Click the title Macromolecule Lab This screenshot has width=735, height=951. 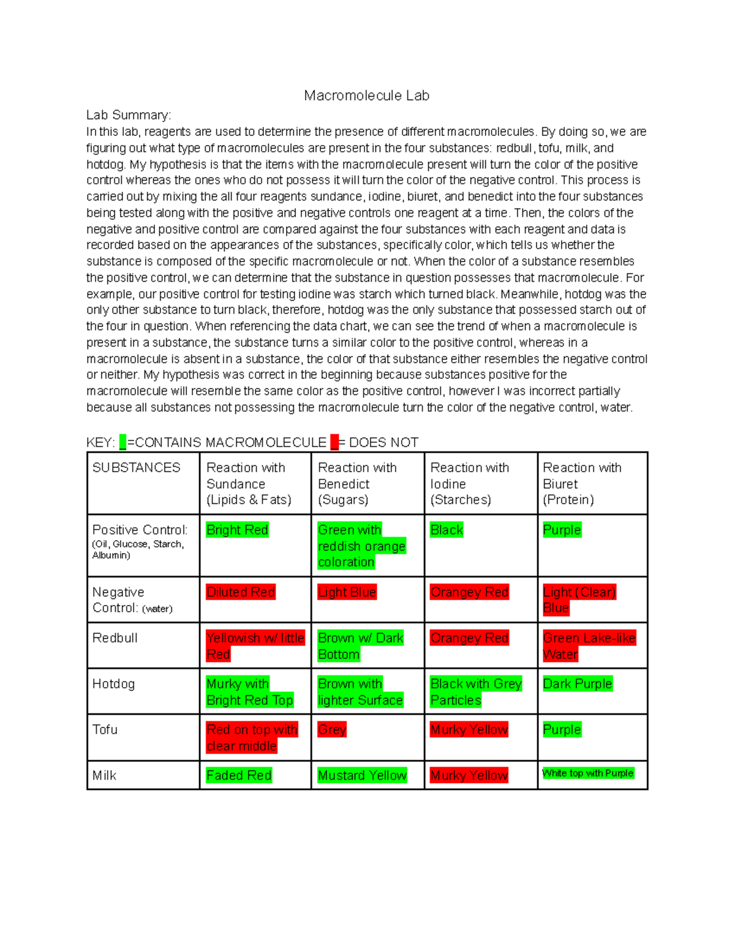coord(366,96)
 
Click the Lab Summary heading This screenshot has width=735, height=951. coord(129,115)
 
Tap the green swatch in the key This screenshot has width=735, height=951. coord(123,442)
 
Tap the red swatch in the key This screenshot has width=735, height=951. coord(334,442)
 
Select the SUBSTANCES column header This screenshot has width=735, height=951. coord(136,468)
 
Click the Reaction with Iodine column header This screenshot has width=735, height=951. coord(469,483)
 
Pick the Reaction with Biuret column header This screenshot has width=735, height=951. coord(582,483)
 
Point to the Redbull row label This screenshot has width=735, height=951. coord(115,638)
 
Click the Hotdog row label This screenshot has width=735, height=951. coord(113,684)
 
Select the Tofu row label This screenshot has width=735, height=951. coord(105,730)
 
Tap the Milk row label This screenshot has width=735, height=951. coord(104,776)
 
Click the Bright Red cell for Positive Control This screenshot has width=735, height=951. coord(237,530)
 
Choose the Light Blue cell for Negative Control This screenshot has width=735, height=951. coord(347,592)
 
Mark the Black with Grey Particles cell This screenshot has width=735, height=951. coord(476,692)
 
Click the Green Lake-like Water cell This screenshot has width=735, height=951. coord(589,646)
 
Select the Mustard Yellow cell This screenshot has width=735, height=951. coord(362,776)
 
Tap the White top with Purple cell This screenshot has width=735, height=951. coord(587,773)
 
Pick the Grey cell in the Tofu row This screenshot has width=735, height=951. coord(332,730)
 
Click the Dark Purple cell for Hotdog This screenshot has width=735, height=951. coord(577,684)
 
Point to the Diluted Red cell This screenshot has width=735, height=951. coord(241,592)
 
